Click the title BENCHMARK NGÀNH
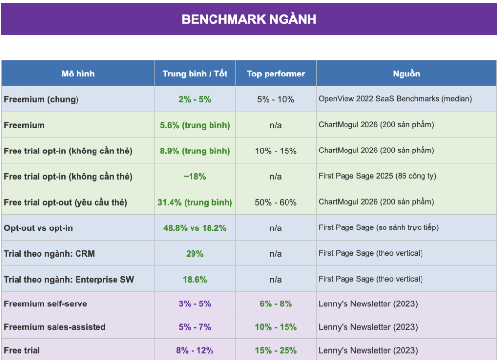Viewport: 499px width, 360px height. tap(249, 19)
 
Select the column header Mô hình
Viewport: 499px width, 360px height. tap(78, 74)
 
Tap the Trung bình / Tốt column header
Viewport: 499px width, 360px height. tap(195, 74)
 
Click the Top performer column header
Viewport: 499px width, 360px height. tap(276, 74)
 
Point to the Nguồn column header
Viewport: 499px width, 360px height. tap(406, 74)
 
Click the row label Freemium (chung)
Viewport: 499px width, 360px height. tap(41, 99)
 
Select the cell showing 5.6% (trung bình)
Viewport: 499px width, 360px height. tap(195, 125)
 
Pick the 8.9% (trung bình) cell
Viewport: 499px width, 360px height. tap(195, 151)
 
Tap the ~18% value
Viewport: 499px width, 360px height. tap(195, 177)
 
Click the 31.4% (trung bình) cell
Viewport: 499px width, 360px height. tap(195, 203)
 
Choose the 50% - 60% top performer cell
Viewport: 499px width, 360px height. tap(276, 203)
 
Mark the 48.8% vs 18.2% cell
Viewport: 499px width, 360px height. tap(195, 228)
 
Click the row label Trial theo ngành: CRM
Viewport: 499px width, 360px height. tap(49, 254)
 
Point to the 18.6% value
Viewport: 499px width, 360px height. tap(195, 280)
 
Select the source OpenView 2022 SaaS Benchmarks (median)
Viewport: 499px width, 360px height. tap(395, 99)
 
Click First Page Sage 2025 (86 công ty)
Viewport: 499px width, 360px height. tap(378, 176)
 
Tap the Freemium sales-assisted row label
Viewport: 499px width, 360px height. tap(55, 327)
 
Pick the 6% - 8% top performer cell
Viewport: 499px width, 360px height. tap(276, 303)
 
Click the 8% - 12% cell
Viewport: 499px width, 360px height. tap(195, 350)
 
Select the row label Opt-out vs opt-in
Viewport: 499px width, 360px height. tap(38, 228)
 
